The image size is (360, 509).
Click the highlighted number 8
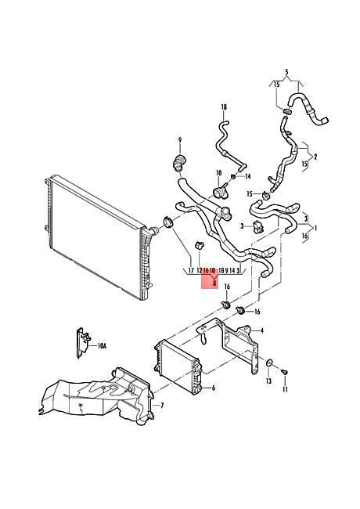tap(214, 283)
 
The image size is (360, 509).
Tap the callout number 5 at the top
tap(286, 71)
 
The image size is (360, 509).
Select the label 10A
tap(102, 346)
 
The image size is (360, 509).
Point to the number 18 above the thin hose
tap(224, 106)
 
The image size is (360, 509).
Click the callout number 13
tap(268, 381)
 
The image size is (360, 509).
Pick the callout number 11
tap(285, 388)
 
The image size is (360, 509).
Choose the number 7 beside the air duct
tap(162, 406)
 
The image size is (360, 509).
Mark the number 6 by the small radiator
tap(213, 388)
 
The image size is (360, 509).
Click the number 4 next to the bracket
tap(261, 330)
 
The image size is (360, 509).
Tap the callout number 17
tap(191, 270)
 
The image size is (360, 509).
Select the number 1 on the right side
tap(315, 228)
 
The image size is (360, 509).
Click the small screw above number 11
tap(284, 372)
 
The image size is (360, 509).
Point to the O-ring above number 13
tap(269, 363)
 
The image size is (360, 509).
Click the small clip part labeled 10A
tap(83, 342)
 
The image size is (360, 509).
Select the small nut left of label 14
tap(233, 177)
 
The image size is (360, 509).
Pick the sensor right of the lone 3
tap(258, 226)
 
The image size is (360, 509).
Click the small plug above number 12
tap(199, 245)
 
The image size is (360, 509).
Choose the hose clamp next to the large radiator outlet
tap(167, 222)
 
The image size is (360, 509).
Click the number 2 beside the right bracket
tap(315, 157)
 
